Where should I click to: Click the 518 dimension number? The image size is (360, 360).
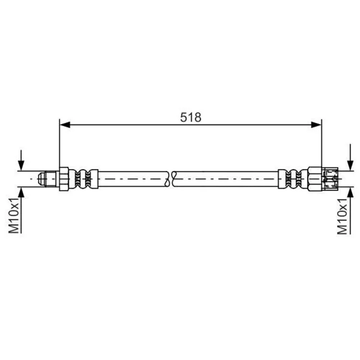click(191, 117)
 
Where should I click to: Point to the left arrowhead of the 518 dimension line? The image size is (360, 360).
click(65, 125)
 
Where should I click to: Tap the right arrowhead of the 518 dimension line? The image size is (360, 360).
click(316, 125)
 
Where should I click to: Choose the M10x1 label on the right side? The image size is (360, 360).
click(342, 216)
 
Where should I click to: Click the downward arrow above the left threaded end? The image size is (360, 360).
click(21, 160)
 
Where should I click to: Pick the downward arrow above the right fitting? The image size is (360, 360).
click(350, 157)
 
